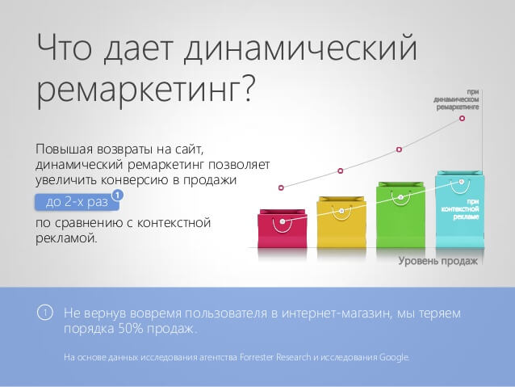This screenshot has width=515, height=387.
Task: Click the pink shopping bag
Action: click(x=281, y=230)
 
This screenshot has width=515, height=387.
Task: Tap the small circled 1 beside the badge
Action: click(x=118, y=195)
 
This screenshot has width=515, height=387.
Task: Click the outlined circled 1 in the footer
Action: click(x=46, y=313)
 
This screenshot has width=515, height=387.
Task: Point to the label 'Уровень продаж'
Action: click(x=438, y=261)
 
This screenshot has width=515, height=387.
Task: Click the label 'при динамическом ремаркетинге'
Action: click(x=457, y=99)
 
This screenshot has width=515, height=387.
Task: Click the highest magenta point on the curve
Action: click(x=463, y=118)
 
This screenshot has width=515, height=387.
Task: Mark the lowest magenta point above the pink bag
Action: click(x=281, y=187)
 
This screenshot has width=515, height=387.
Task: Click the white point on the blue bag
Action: click(x=461, y=182)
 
